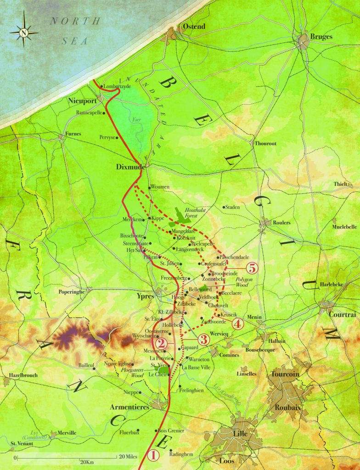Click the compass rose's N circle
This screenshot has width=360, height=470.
[x=24, y=32]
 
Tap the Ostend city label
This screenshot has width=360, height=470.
[x=194, y=27]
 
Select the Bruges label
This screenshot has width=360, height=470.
[x=321, y=37]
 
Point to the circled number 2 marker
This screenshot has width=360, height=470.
[x=160, y=343]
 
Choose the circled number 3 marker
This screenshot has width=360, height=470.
[x=204, y=340]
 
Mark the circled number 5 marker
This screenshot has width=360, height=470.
[x=252, y=268]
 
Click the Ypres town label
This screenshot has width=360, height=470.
[x=146, y=296]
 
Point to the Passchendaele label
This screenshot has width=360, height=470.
[x=235, y=257]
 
